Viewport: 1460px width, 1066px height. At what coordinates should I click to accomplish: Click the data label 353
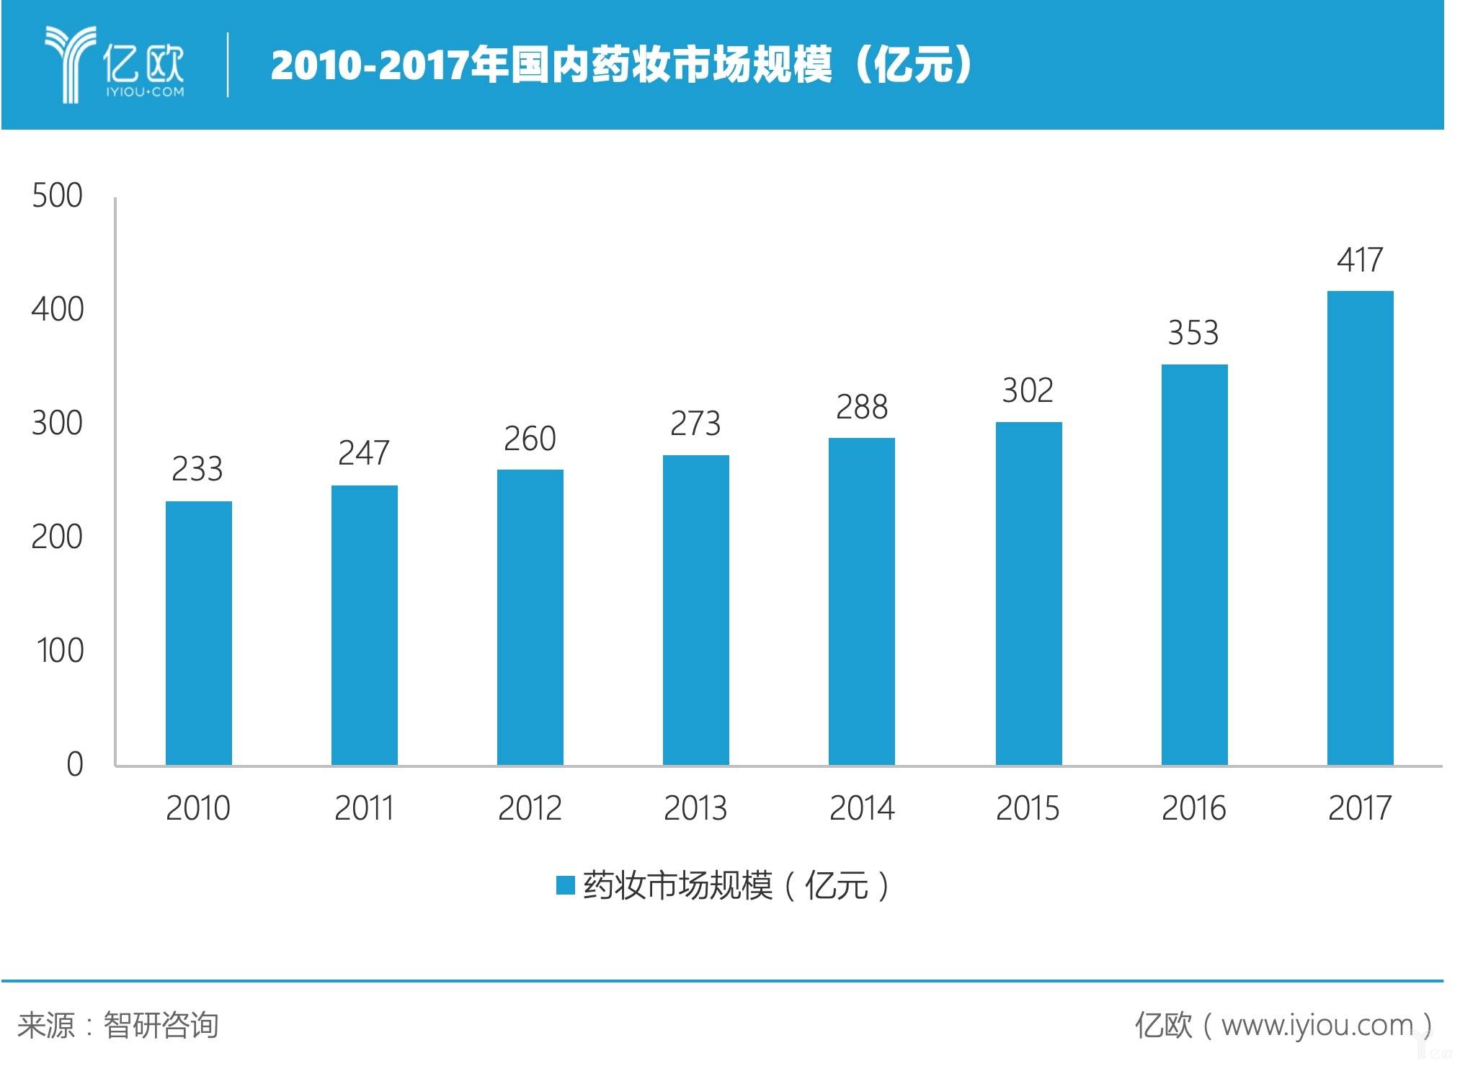pos(1193,333)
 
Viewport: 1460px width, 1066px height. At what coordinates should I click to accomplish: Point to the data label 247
pos(364,453)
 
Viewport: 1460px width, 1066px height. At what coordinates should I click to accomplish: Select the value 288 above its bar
pos(862,408)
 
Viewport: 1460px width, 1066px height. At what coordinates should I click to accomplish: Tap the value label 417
pos(1360,260)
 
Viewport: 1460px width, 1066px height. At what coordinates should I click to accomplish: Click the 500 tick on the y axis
pos(58,196)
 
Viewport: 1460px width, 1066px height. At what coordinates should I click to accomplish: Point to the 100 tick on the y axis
pos(60,650)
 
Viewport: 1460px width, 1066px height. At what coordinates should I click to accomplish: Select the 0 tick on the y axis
pos(75,764)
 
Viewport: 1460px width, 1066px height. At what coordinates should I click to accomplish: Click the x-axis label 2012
pos(530,808)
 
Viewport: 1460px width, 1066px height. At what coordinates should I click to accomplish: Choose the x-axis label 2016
pos(1193,808)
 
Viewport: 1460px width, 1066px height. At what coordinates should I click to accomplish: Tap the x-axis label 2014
pos(862,808)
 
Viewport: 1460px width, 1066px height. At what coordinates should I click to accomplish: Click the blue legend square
pos(565,885)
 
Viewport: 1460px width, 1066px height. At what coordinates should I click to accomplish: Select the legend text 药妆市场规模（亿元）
pos(735,885)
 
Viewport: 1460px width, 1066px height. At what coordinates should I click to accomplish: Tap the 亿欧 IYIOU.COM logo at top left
pos(115,65)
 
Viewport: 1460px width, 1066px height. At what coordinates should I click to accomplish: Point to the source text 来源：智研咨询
pos(117,1025)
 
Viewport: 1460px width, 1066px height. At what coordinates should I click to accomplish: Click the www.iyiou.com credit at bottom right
pos(1283,1025)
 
